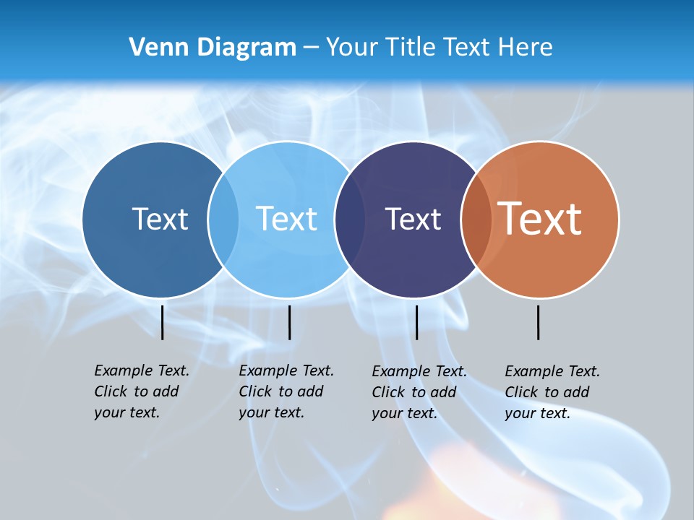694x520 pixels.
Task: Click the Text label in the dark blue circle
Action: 160,219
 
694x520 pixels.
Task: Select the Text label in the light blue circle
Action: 286,219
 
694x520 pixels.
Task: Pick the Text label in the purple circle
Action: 413,219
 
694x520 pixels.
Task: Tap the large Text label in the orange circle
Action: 540,218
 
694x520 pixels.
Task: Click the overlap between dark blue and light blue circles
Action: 223,220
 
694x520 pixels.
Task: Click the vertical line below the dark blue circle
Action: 163,322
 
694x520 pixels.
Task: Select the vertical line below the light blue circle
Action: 289,322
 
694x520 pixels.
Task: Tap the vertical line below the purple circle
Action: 416,322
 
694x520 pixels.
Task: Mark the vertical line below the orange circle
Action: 538,322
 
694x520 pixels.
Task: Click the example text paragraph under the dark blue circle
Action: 141,391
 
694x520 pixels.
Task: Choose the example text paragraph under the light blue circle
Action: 286,391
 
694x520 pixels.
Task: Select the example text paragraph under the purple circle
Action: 419,392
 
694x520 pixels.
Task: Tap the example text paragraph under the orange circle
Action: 552,392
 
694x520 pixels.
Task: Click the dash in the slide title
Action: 311,48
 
